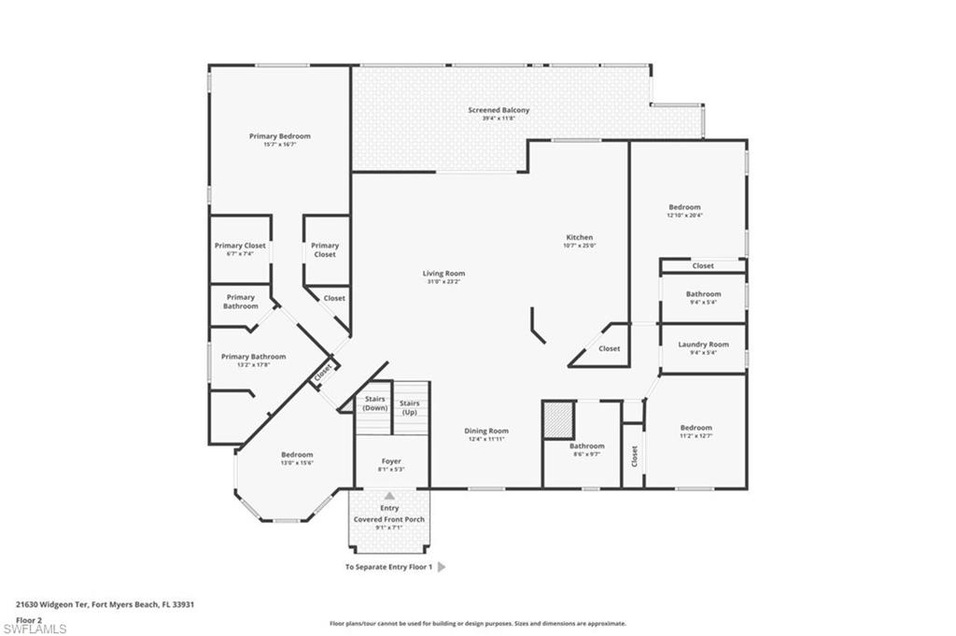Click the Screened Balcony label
tap(499, 110)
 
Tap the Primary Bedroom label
tap(279, 136)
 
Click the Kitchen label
tap(579, 237)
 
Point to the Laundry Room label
tap(703, 345)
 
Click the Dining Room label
tap(486, 431)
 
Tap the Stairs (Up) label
tap(409, 407)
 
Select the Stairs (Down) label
tap(375, 403)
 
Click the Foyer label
tap(390, 461)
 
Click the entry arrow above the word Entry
tap(389, 496)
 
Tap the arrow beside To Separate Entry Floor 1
tap(442, 567)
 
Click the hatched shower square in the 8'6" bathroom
tap(558, 418)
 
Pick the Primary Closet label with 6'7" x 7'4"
tap(240, 246)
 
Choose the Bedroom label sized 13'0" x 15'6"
tap(297, 455)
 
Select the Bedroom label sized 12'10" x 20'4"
tap(684, 207)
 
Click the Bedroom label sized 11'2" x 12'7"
tap(696, 428)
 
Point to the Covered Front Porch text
tap(388, 519)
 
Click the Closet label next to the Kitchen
tap(609, 348)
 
